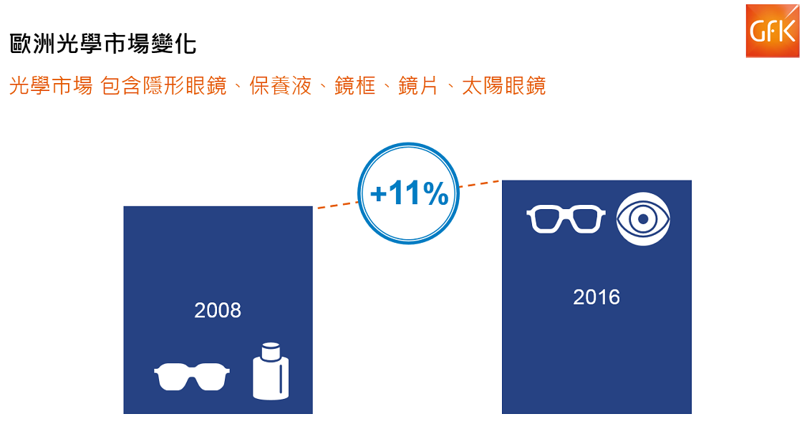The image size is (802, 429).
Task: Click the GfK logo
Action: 773,31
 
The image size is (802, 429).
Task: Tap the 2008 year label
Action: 218,310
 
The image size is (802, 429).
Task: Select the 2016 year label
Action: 596,297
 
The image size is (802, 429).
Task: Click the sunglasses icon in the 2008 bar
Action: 192,377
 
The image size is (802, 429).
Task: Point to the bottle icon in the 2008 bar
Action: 271,371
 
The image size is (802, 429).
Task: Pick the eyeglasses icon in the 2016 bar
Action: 566,219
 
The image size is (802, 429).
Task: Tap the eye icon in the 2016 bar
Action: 643,219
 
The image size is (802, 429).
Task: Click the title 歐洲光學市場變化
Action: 103,44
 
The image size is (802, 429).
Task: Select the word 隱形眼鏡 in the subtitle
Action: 185,86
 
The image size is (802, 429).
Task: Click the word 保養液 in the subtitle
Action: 280,86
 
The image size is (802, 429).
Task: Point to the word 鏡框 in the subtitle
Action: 355,86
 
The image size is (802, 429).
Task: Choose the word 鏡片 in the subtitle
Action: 418,86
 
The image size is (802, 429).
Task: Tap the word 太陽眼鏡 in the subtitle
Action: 504,86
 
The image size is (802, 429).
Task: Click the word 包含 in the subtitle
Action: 121,86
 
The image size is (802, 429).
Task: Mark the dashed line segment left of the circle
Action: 338,205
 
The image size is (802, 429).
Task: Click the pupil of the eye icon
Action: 643,219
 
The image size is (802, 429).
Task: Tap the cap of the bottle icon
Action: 271,351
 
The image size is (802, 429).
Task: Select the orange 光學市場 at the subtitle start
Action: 51,86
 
